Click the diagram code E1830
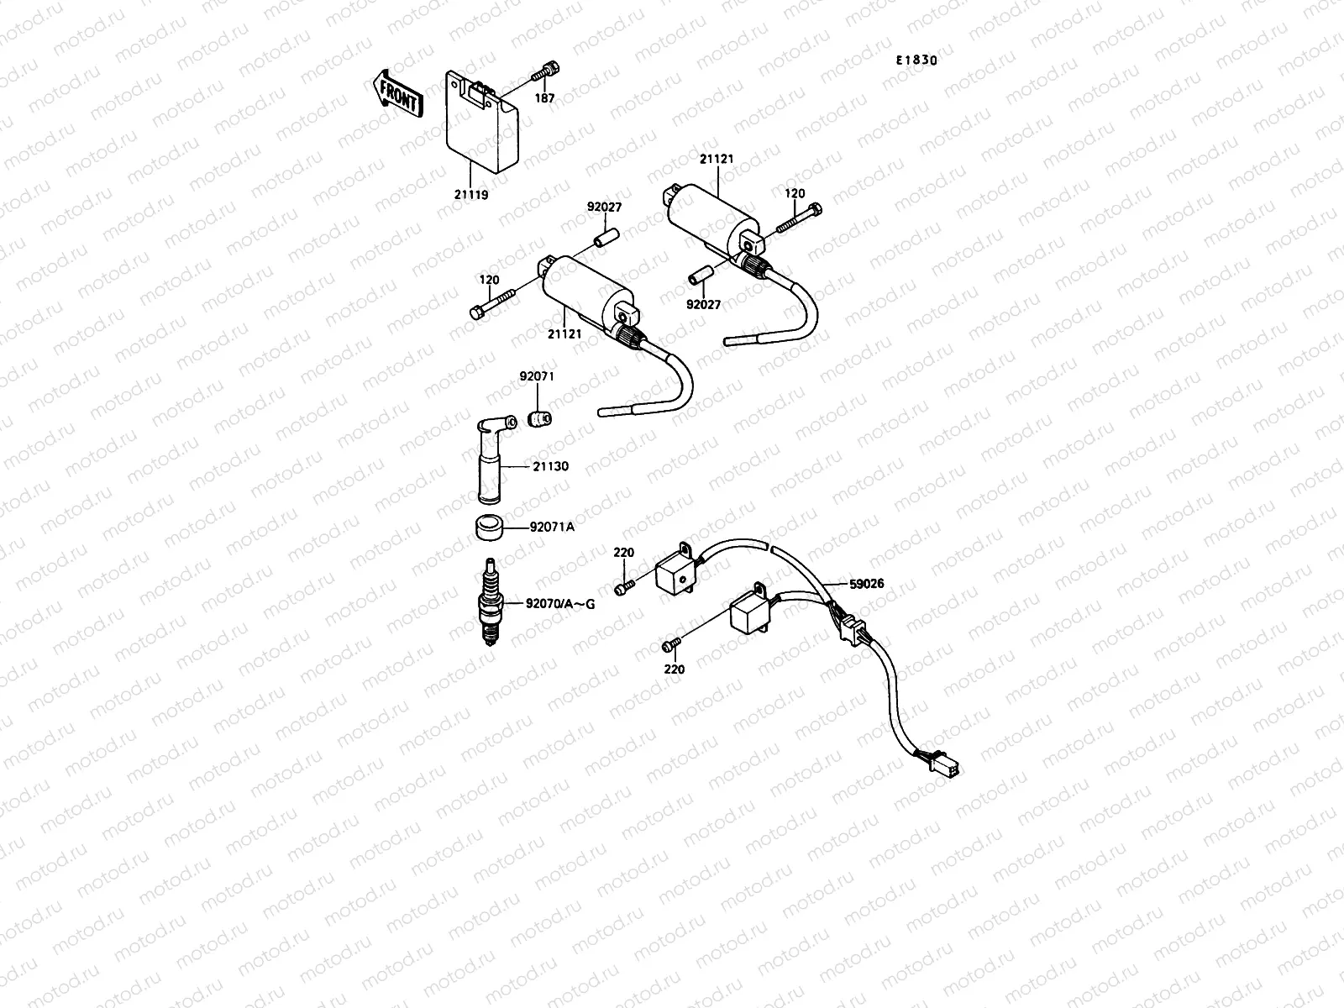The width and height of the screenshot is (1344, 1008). click(x=916, y=60)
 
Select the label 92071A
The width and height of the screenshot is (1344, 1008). click(x=552, y=528)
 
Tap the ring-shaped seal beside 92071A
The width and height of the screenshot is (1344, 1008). click(x=489, y=528)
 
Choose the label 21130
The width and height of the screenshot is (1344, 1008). click(x=550, y=465)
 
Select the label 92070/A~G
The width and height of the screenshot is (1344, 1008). click(x=560, y=602)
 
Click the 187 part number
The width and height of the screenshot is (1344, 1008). click(x=545, y=98)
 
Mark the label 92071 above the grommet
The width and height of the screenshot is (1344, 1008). click(x=537, y=377)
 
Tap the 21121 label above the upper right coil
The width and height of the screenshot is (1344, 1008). click(x=717, y=157)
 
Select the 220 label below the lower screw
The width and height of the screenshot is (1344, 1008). click(x=674, y=669)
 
